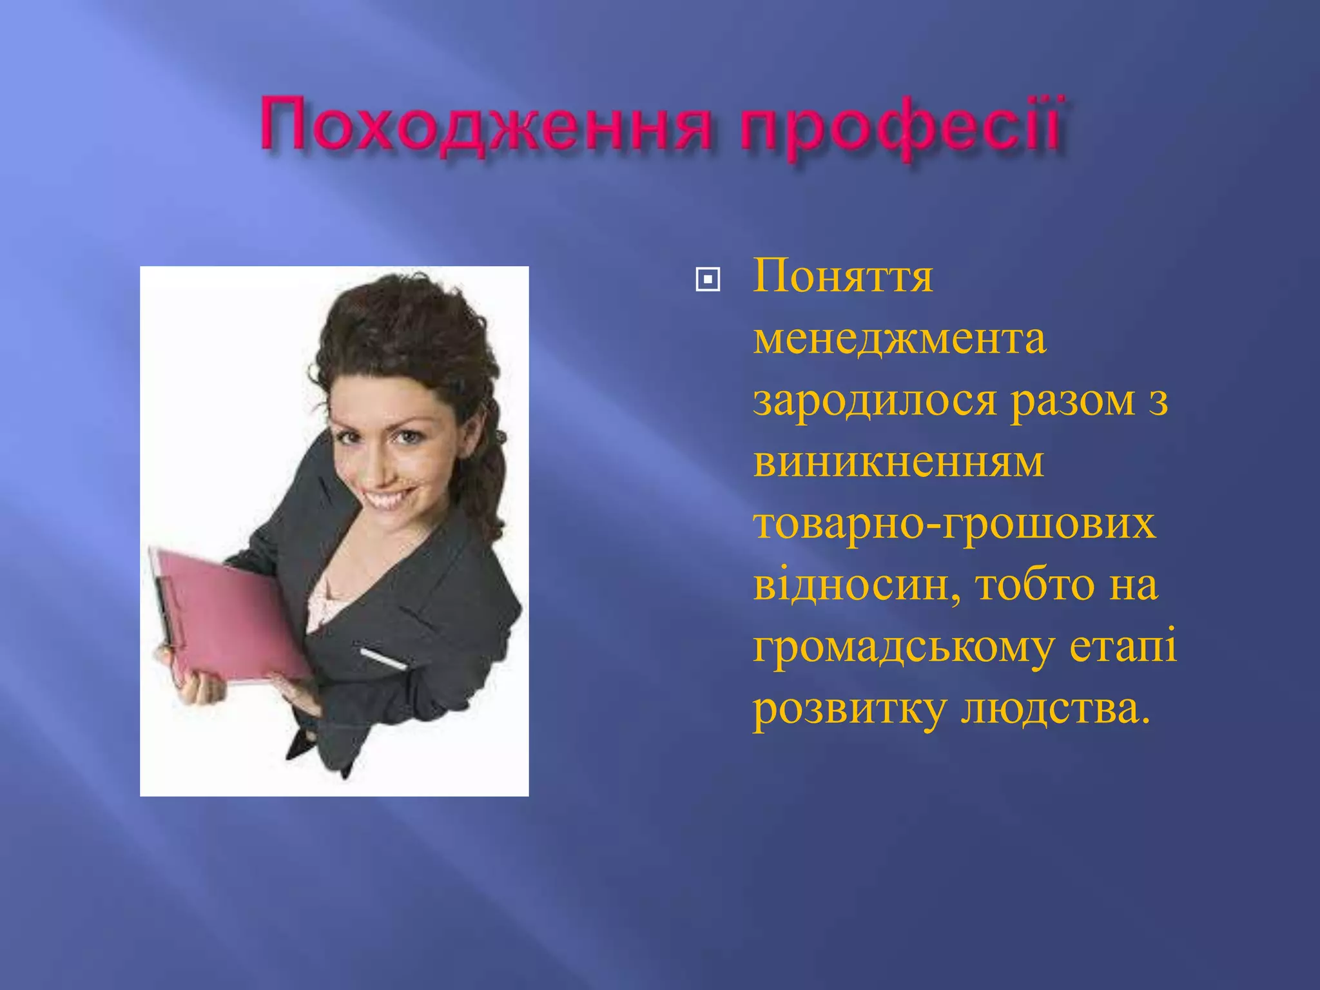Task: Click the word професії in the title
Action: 900,124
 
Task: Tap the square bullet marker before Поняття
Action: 708,280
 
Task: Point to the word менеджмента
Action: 899,340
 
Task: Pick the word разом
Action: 1072,401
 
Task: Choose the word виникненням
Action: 898,462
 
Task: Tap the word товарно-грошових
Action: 954,524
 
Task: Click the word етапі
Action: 1123,646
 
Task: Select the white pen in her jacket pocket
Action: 383,659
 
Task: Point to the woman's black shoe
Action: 298,748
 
